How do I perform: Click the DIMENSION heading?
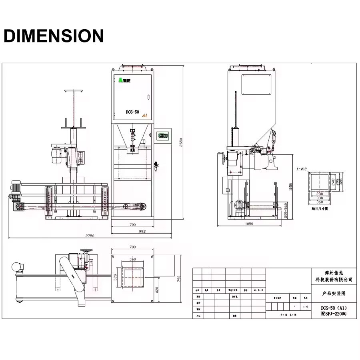[x=54, y=36]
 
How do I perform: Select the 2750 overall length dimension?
[x=90, y=236]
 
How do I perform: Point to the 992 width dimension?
[x=142, y=231]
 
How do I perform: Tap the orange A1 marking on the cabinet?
[x=145, y=115]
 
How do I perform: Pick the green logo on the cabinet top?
[x=120, y=80]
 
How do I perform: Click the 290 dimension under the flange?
[x=319, y=194]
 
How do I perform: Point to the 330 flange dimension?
[x=319, y=198]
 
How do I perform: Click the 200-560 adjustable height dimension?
[x=285, y=210]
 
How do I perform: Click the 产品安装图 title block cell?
[x=334, y=293]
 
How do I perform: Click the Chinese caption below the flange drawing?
[x=319, y=208]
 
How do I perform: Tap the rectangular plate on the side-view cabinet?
[x=256, y=85]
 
